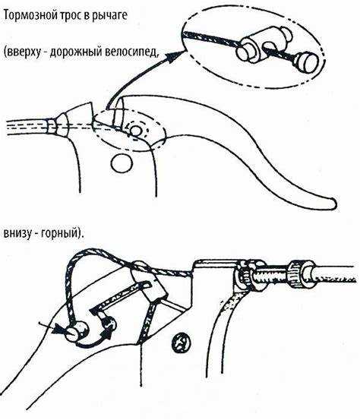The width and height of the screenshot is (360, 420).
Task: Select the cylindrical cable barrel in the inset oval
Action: pyautogui.click(x=263, y=43)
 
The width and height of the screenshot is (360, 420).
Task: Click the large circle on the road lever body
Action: pyautogui.click(x=122, y=163)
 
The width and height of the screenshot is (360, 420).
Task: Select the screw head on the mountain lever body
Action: pyautogui.click(x=181, y=343)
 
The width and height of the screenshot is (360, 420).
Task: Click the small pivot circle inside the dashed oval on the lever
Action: pyautogui.click(x=135, y=131)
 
